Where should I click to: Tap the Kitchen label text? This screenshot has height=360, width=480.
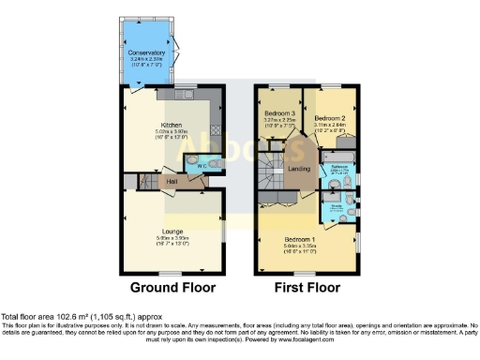[x=172, y=126]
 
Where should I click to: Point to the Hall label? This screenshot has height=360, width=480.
[x=172, y=181]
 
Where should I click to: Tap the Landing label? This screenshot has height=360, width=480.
[x=300, y=168]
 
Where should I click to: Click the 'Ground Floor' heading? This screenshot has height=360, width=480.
[x=172, y=287]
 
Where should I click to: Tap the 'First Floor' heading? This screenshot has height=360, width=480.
[x=306, y=287]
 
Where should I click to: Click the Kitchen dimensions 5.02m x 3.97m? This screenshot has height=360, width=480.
[x=172, y=133]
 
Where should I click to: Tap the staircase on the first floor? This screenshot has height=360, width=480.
[x=272, y=178]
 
